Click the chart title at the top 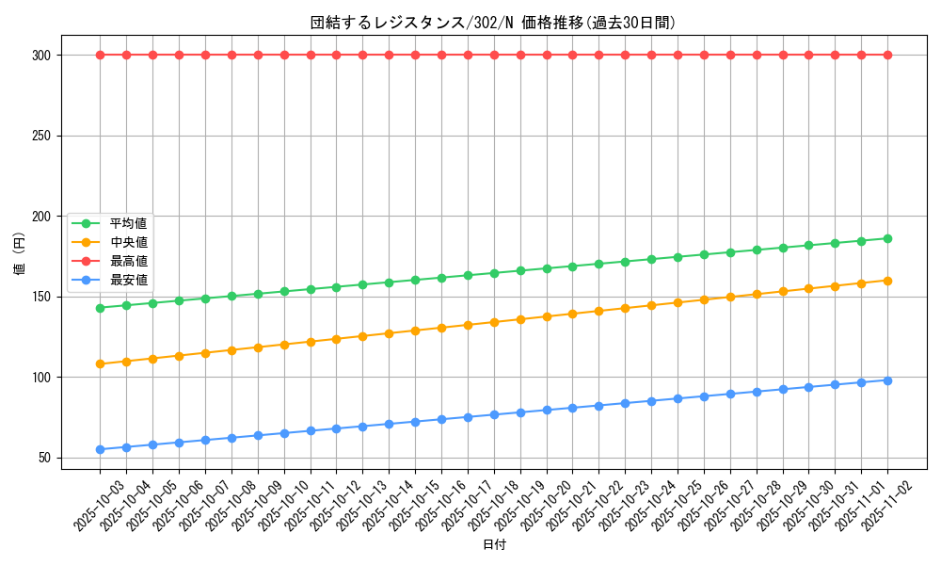493,23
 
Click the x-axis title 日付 494,545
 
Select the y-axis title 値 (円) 20,256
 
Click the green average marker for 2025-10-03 100,308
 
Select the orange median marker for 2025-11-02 887,281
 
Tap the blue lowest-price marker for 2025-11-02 887,380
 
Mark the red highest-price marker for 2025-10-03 100,56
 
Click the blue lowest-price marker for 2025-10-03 100,450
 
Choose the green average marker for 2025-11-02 887,238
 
